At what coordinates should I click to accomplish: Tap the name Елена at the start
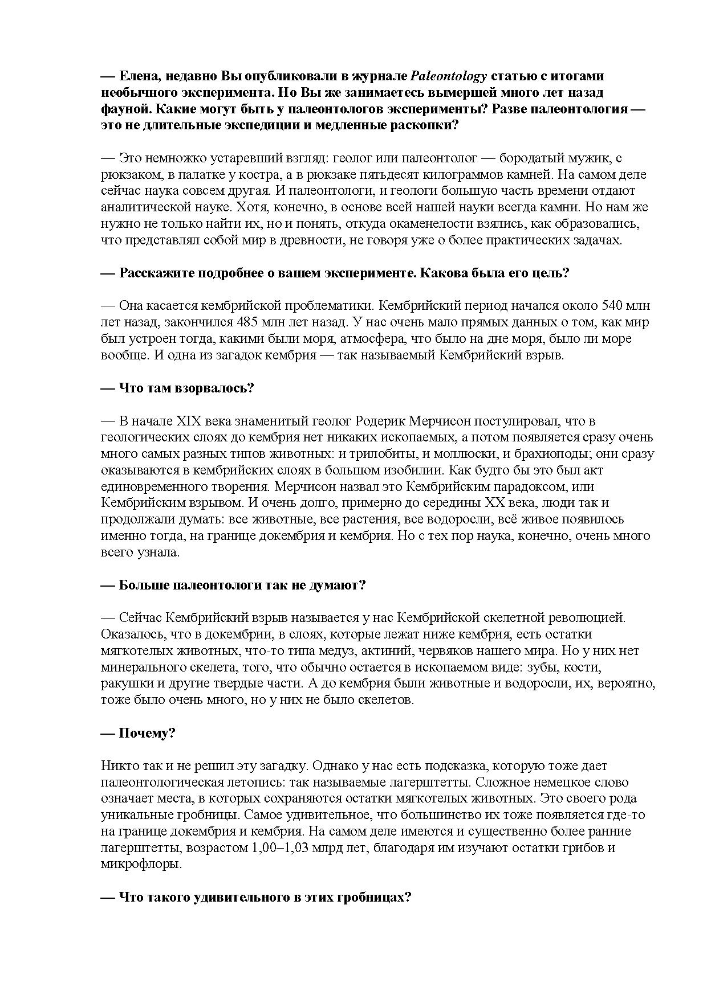[136, 76]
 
